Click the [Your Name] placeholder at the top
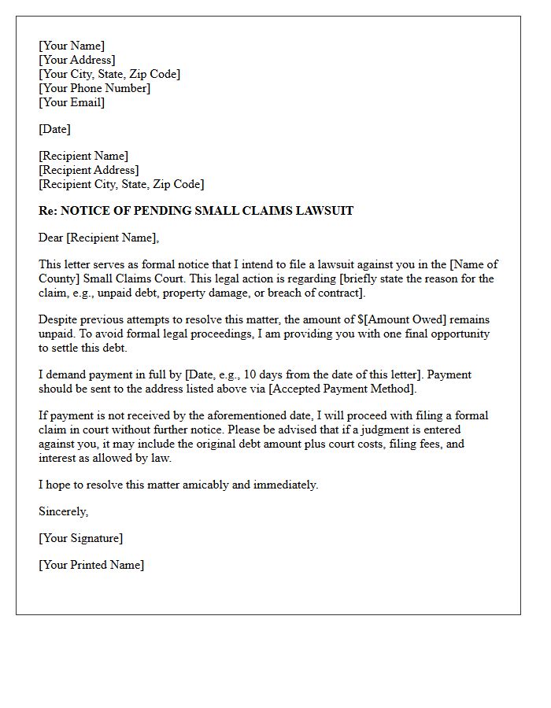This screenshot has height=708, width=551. click(72, 46)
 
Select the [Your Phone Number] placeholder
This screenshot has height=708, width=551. click(94, 88)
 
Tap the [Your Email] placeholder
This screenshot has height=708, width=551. click(72, 102)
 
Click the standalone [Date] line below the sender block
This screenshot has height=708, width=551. click(54, 129)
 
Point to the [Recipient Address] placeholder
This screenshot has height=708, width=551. click(88, 170)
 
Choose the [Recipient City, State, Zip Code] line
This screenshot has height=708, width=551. click(121, 184)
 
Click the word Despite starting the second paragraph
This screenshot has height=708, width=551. click(58, 319)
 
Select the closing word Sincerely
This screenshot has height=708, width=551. click(63, 511)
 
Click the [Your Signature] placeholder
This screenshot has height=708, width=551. click(80, 538)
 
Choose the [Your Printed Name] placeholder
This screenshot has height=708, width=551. click(91, 565)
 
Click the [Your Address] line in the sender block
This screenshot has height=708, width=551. click(76, 60)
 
